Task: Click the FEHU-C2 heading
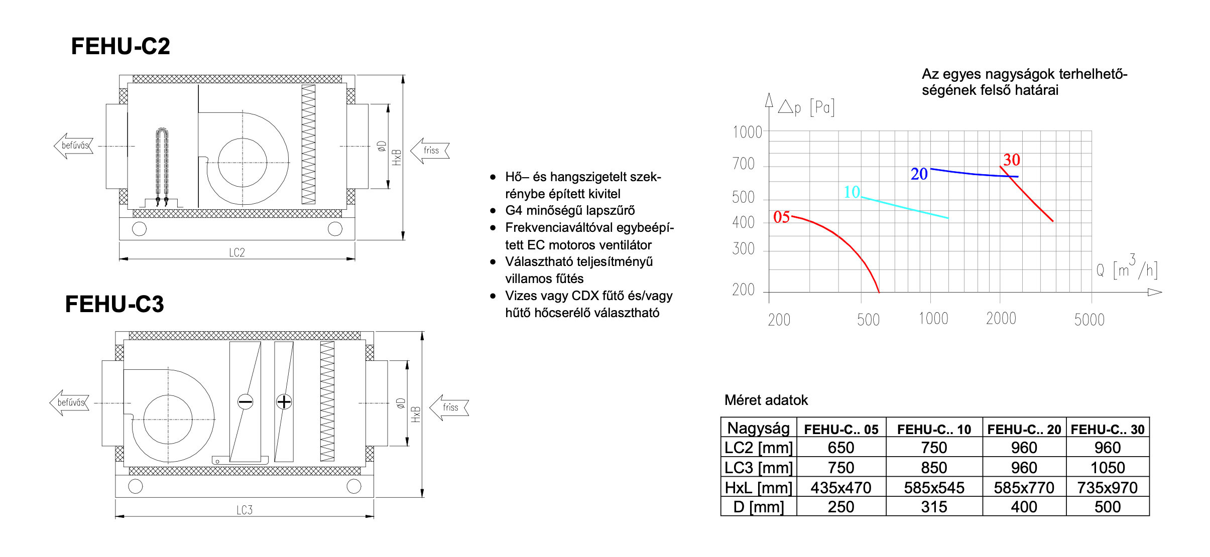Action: point(120,46)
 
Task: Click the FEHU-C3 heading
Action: point(114,304)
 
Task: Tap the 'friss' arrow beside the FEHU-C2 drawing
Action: point(430,151)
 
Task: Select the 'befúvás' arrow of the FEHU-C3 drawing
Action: point(69,402)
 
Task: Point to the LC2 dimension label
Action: point(237,252)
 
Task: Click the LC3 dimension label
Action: point(245,510)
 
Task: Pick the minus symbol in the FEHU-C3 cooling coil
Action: point(245,401)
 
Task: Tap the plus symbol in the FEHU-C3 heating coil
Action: point(284,401)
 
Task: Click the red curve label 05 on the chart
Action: point(782,217)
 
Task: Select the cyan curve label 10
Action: point(852,192)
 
